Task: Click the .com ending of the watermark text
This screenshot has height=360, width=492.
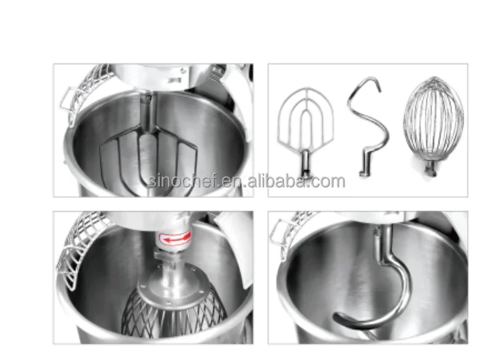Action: [x=328, y=182]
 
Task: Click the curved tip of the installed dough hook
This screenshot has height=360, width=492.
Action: [x=340, y=321]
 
